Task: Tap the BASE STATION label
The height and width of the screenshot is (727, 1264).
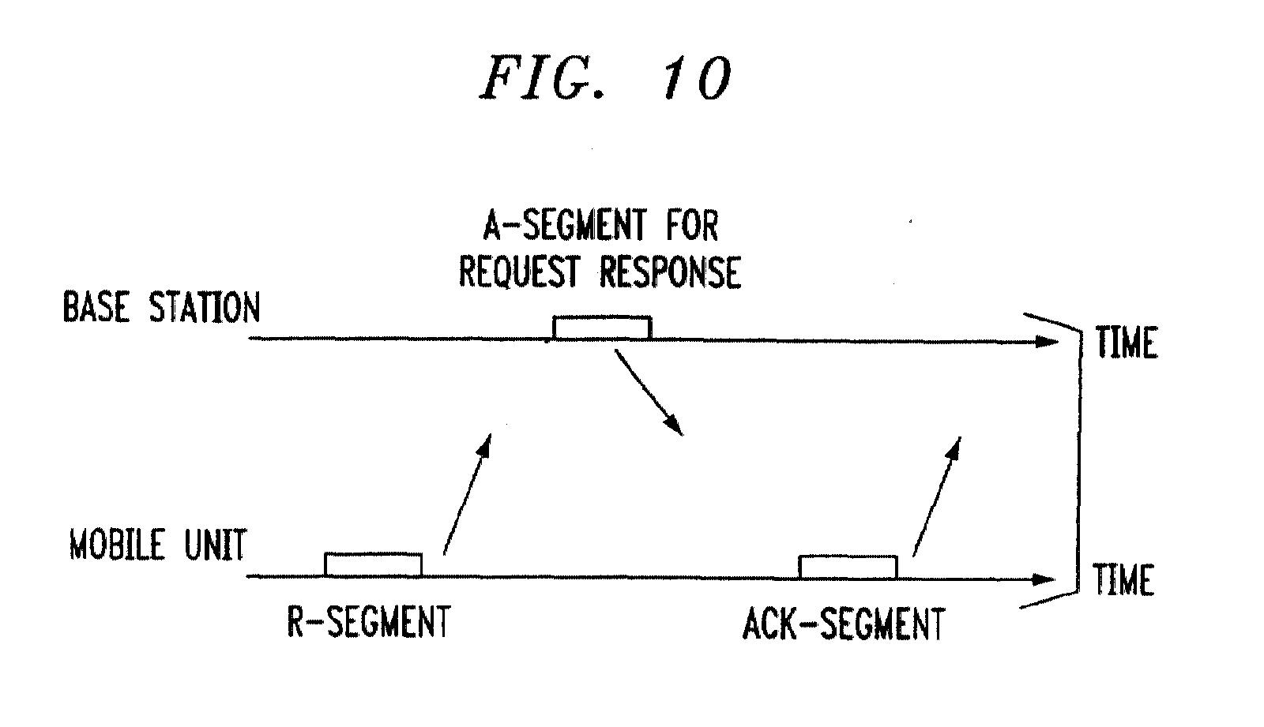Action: [161, 307]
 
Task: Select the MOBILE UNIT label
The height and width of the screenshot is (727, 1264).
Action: [158, 545]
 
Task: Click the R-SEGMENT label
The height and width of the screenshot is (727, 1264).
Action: [369, 621]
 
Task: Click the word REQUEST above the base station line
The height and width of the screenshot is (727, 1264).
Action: [518, 272]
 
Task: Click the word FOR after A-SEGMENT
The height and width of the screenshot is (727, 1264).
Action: [692, 226]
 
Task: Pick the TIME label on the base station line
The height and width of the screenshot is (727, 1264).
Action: [1127, 343]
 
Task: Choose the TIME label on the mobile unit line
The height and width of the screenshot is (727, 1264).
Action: [1124, 580]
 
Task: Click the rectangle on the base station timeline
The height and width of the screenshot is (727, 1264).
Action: [603, 328]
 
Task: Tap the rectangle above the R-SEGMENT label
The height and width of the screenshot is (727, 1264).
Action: [373, 565]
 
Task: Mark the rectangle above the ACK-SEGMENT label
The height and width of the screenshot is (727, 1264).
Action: [848, 568]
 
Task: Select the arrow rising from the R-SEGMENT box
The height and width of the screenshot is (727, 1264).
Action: [467, 495]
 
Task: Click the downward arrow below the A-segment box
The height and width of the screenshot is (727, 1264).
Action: [649, 392]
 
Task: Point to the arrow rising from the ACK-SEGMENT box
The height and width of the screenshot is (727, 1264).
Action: [937, 497]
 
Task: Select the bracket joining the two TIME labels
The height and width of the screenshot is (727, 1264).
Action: [1080, 460]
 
